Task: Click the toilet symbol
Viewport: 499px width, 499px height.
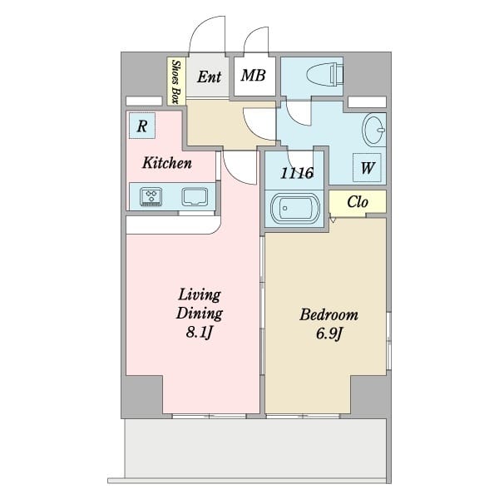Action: [324, 76]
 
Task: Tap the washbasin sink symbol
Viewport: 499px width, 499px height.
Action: [373, 130]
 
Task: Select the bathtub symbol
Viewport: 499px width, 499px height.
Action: [295, 209]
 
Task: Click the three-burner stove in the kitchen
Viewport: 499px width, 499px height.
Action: [151, 196]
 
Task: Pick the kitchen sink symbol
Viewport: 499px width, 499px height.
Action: [195, 196]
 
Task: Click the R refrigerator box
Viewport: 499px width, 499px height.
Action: [142, 126]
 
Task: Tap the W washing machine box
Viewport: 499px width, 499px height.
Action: [367, 167]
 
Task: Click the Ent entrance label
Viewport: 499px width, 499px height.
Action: [209, 77]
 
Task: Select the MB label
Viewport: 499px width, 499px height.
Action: [254, 76]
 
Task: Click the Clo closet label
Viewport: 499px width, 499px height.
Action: [358, 202]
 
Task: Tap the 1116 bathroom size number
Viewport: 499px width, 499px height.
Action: [297, 173]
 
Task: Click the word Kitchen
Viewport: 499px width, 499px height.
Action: [167, 163]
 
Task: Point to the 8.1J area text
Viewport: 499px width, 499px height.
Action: [200, 333]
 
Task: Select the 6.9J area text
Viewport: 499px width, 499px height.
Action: [329, 333]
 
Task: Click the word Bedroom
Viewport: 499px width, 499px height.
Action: [329, 314]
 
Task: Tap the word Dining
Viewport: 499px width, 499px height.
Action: [200, 314]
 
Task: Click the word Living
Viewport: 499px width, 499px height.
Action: [200, 295]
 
